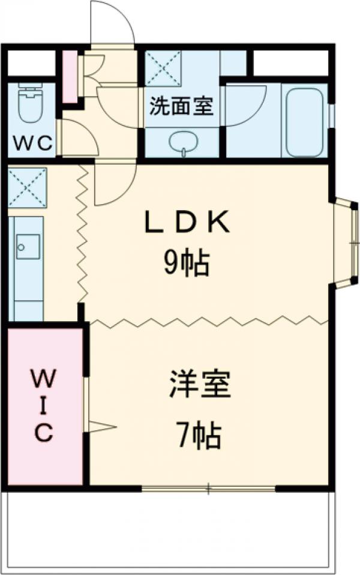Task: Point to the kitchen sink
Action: [28, 246]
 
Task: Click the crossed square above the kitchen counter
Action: [28, 188]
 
